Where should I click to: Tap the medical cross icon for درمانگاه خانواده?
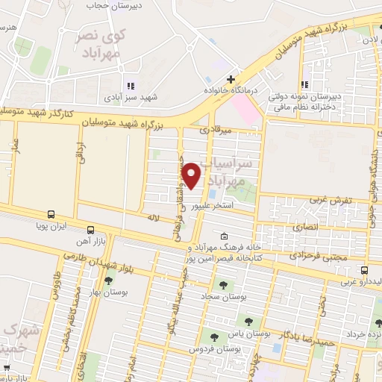click(231, 78)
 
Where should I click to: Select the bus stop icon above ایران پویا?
click(51, 213)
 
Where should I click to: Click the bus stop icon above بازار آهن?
click(90, 229)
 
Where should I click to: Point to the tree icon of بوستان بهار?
click(110, 280)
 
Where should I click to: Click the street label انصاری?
click(307, 223)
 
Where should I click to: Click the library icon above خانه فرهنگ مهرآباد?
click(224, 236)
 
